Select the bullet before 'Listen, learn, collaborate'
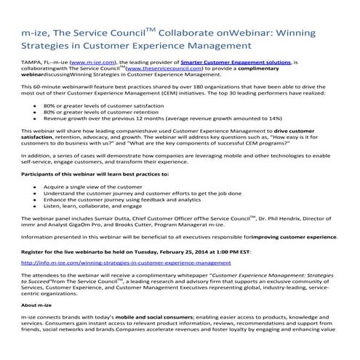(x=36, y=207)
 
